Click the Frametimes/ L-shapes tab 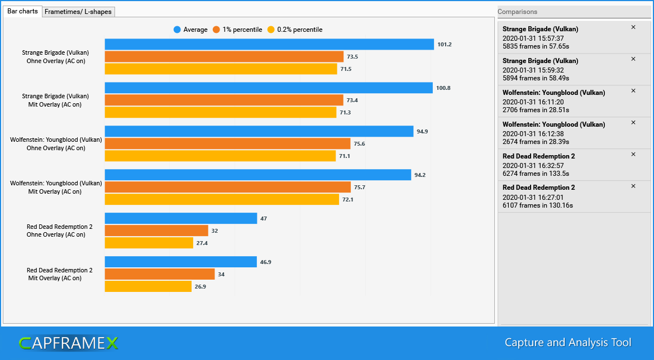click(78, 12)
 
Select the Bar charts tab click(22, 11)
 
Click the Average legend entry click(190, 30)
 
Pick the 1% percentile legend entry click(237, 30)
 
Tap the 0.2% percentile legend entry click(295, 30)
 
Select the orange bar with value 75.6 click(227, 143)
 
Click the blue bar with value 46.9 click(180, 262)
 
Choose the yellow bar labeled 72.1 click(222, 199)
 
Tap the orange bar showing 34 click(160, 274)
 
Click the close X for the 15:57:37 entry click(633, 27)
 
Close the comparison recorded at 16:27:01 click(633, 186)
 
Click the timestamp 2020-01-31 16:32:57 click(533, 166)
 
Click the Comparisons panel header click(517, 12)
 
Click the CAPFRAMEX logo click(68, 343)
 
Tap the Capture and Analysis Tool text click(567, 342)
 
